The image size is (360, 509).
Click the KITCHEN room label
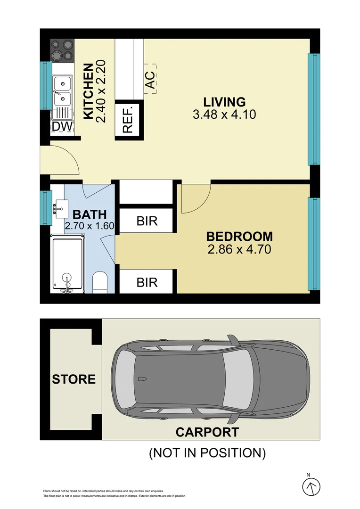click(88, 92)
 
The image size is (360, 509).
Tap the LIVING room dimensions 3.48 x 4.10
click(224, 114)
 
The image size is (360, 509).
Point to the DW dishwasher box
click(61, 126)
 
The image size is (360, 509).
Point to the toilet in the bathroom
click(100, 282)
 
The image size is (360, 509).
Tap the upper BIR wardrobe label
click(147, 221)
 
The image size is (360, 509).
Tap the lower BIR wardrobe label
click(147, 282)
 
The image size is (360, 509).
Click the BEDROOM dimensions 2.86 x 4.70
click(239, 249)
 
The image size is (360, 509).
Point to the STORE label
click(74, 379)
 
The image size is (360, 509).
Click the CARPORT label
click(207, 431)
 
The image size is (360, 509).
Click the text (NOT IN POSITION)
click(207, 453)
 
